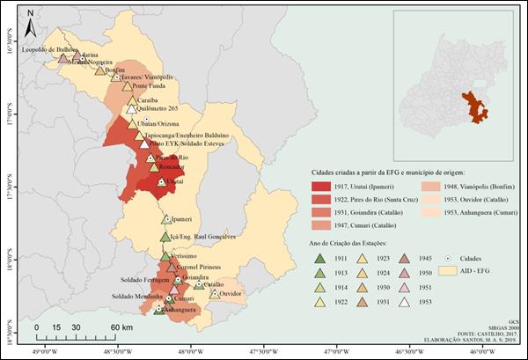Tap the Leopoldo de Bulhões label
50,50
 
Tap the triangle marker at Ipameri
166,218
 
